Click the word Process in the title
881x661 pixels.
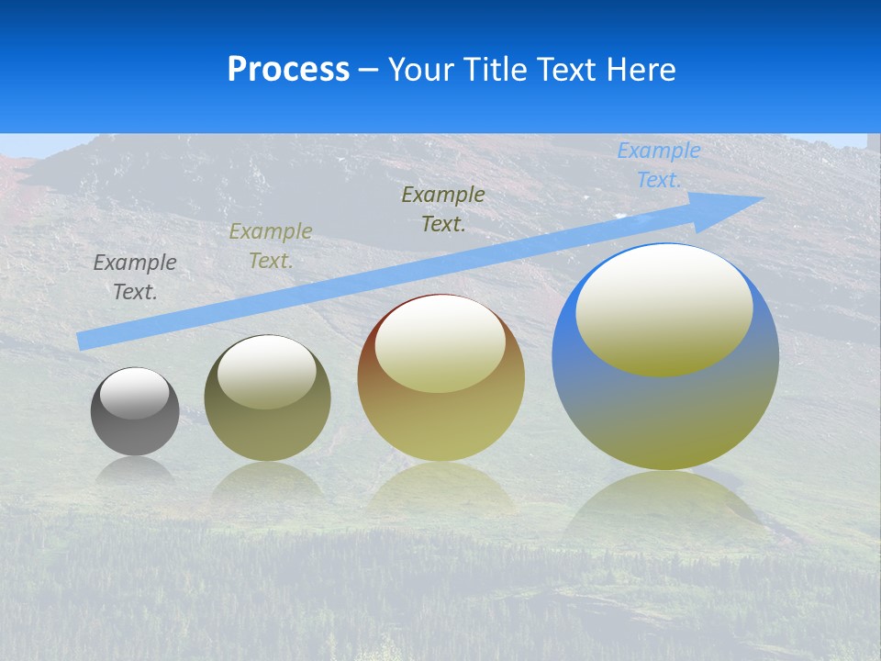coord(288,69)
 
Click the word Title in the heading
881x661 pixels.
coord(496,69)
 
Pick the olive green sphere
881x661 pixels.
coord(267,431)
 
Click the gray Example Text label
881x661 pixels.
coord(135,277)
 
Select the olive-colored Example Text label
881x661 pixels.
coord(271,246)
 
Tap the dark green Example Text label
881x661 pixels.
coord(443,209)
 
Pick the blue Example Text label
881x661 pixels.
coord(659,165)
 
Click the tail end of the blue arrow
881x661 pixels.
coord(87,341)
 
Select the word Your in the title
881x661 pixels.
coord(420,69)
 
